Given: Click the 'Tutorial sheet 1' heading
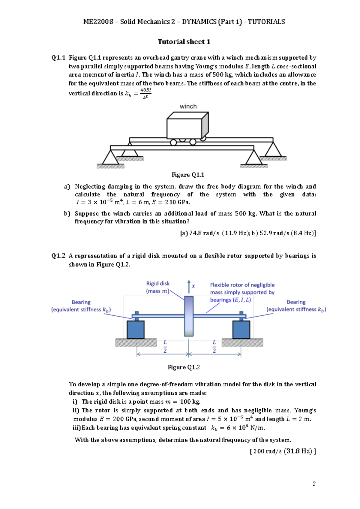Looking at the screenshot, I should (x=184, y=42).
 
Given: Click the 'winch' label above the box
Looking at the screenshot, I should (x=188, y=106).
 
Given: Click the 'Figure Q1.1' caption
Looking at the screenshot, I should (x=188, y=175).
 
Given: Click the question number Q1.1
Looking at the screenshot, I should (x=58, y=58).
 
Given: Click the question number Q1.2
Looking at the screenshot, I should (x=58, y=256).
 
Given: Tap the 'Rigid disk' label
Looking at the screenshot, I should (x=158, y=283).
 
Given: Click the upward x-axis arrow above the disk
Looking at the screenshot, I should (x=189, y=286).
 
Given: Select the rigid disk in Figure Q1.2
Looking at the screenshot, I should (x=189, y=316).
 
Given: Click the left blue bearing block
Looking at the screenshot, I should (x=136, y=330).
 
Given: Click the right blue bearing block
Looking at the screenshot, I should (x=241, y=330).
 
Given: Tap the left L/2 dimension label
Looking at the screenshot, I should (x=165, y=346).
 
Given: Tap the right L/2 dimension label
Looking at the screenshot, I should (x=214, y=346).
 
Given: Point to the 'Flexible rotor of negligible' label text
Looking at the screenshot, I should (x=242, y=285).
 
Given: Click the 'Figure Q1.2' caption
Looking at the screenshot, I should (x=184, y=367).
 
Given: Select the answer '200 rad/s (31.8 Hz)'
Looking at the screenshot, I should (x=283, y=451).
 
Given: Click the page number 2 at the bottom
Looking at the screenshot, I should (x=314, y=484).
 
